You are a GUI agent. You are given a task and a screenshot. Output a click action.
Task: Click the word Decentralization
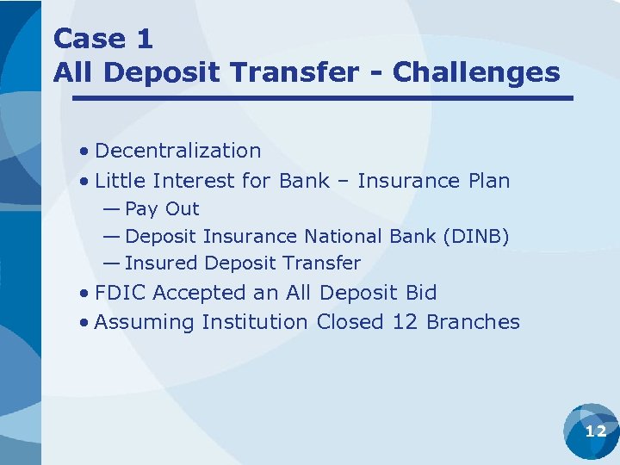[178, 151]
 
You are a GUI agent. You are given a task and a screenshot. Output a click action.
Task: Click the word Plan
[488, 181]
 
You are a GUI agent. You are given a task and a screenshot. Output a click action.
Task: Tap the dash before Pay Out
[111, 209]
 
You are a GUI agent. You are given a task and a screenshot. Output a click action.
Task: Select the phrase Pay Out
[162, 209]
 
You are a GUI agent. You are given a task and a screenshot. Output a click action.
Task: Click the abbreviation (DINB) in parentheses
[476, 237]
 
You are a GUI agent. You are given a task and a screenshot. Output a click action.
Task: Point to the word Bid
[421, 293]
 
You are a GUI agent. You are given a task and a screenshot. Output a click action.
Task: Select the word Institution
[254, 322]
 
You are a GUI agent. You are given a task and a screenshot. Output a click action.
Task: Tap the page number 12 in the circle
[595, 431]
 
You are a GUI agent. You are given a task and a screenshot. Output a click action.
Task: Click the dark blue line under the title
[323, 98]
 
